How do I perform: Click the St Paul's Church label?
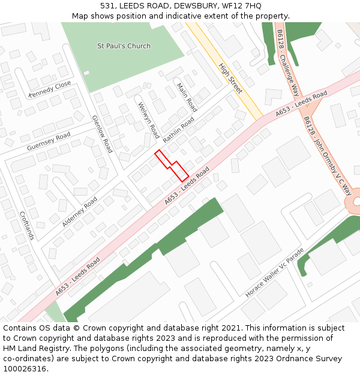point(124,46)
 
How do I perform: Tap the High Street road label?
point(230,79)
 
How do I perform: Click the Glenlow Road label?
point(102,134)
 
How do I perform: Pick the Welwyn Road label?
point(148,120)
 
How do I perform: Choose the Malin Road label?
point(187,97)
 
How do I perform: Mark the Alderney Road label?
point(80,212)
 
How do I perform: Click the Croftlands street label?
point(28,226)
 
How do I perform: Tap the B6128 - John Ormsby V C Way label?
point(328,155)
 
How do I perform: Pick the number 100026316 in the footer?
point(25,368)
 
